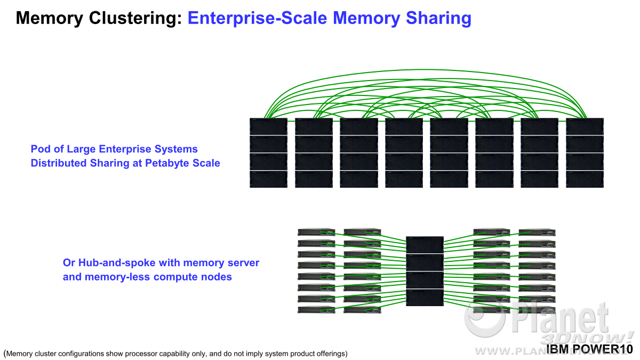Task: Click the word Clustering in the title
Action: point(135,18)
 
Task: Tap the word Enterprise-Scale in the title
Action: point(257,18)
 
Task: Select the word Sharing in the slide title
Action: point(438,18)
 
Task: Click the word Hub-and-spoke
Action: point(117,263)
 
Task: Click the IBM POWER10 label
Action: point(589,349)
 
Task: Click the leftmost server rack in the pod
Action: point(268,153)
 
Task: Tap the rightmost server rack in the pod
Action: point(585,153)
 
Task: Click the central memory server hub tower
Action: point(425,271)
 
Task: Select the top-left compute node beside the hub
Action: point(316,231)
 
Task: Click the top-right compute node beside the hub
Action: point(537,232)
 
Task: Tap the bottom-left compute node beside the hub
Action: point(316,309)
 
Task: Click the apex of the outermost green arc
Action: point(425,70)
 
